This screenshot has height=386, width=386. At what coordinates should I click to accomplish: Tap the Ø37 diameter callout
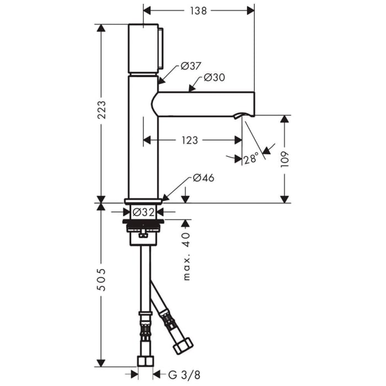click(x=191, y=67)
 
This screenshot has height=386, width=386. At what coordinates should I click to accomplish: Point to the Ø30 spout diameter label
click(x=214, y=78)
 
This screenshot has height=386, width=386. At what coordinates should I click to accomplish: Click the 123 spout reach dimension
click(x=189, y=141)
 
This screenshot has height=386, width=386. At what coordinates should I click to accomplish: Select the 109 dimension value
click(x=285, y=159)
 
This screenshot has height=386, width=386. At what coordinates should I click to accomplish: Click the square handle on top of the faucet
click(x=144, y=49)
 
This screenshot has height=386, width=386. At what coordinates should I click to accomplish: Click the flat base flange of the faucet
click(x=143, y=201)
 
